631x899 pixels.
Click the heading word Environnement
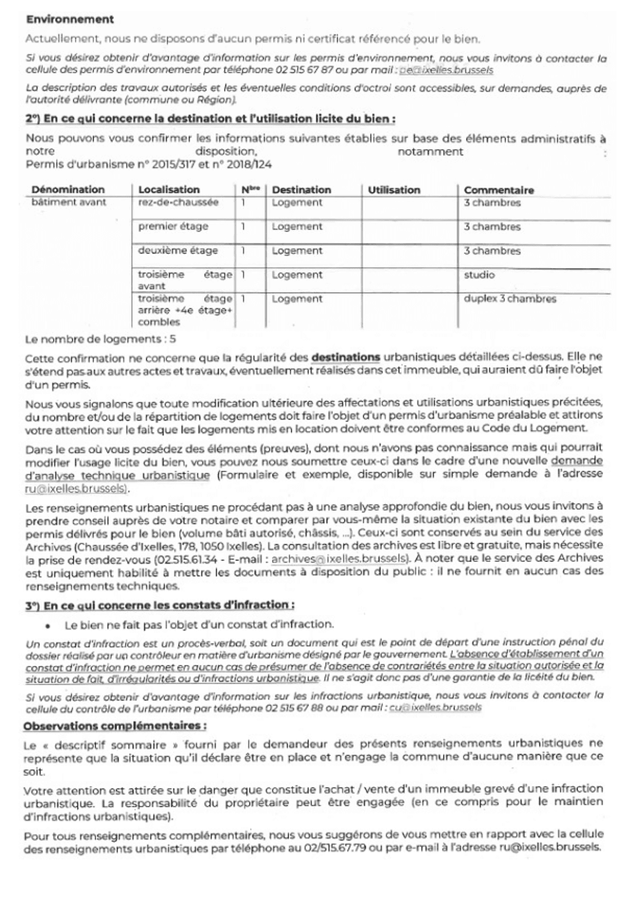(x=70, y=19)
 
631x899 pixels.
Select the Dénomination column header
(x=68, y=189)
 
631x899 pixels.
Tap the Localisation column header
(x=169, y=189)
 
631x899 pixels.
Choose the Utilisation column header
(x=394, y=190)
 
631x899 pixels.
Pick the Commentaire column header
(x=499, y=190)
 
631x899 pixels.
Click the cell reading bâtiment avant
(x=69, y=202)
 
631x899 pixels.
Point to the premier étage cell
(x=173, y=226)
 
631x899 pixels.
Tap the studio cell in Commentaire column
(x=479, y=275)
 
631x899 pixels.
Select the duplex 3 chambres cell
(x=509, y=298)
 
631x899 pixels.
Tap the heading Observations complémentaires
(x=115, y=726)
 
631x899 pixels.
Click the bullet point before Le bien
(x=47, y=625)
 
